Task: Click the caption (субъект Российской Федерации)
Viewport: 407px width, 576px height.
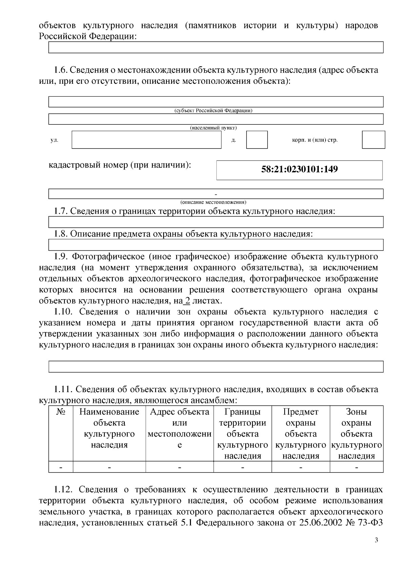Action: [x=213, y=111]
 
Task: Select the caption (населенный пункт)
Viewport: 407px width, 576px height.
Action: [x=213, y=128]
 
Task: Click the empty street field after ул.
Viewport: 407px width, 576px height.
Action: [x=146, y=140]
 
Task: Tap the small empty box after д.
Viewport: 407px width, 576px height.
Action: [x=257, y=140]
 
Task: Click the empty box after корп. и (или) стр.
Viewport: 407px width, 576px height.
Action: [x=373, y=140]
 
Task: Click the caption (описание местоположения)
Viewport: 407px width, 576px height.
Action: [x=213, y=202]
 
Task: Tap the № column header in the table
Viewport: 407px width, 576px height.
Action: [x=60, y=412]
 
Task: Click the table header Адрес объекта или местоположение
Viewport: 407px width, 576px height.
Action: [x=179, y=428]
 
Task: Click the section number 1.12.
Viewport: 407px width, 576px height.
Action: [x=63, y=489]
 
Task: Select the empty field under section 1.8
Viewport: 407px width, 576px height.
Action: [x=216, y=245]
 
